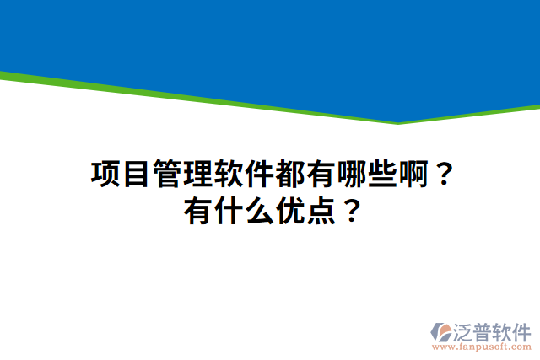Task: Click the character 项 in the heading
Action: coord(105,175)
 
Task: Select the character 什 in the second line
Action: coord(228,208)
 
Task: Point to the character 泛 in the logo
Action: coord(466,330)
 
